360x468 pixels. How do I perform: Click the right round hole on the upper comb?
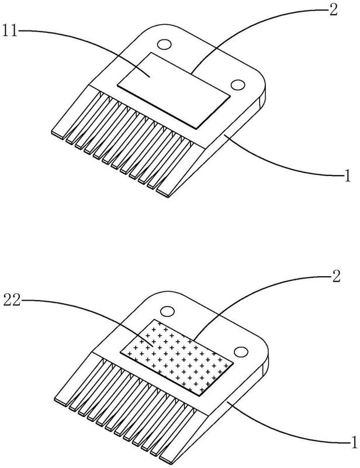pos(237,85)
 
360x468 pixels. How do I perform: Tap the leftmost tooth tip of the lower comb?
pos(60,399)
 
